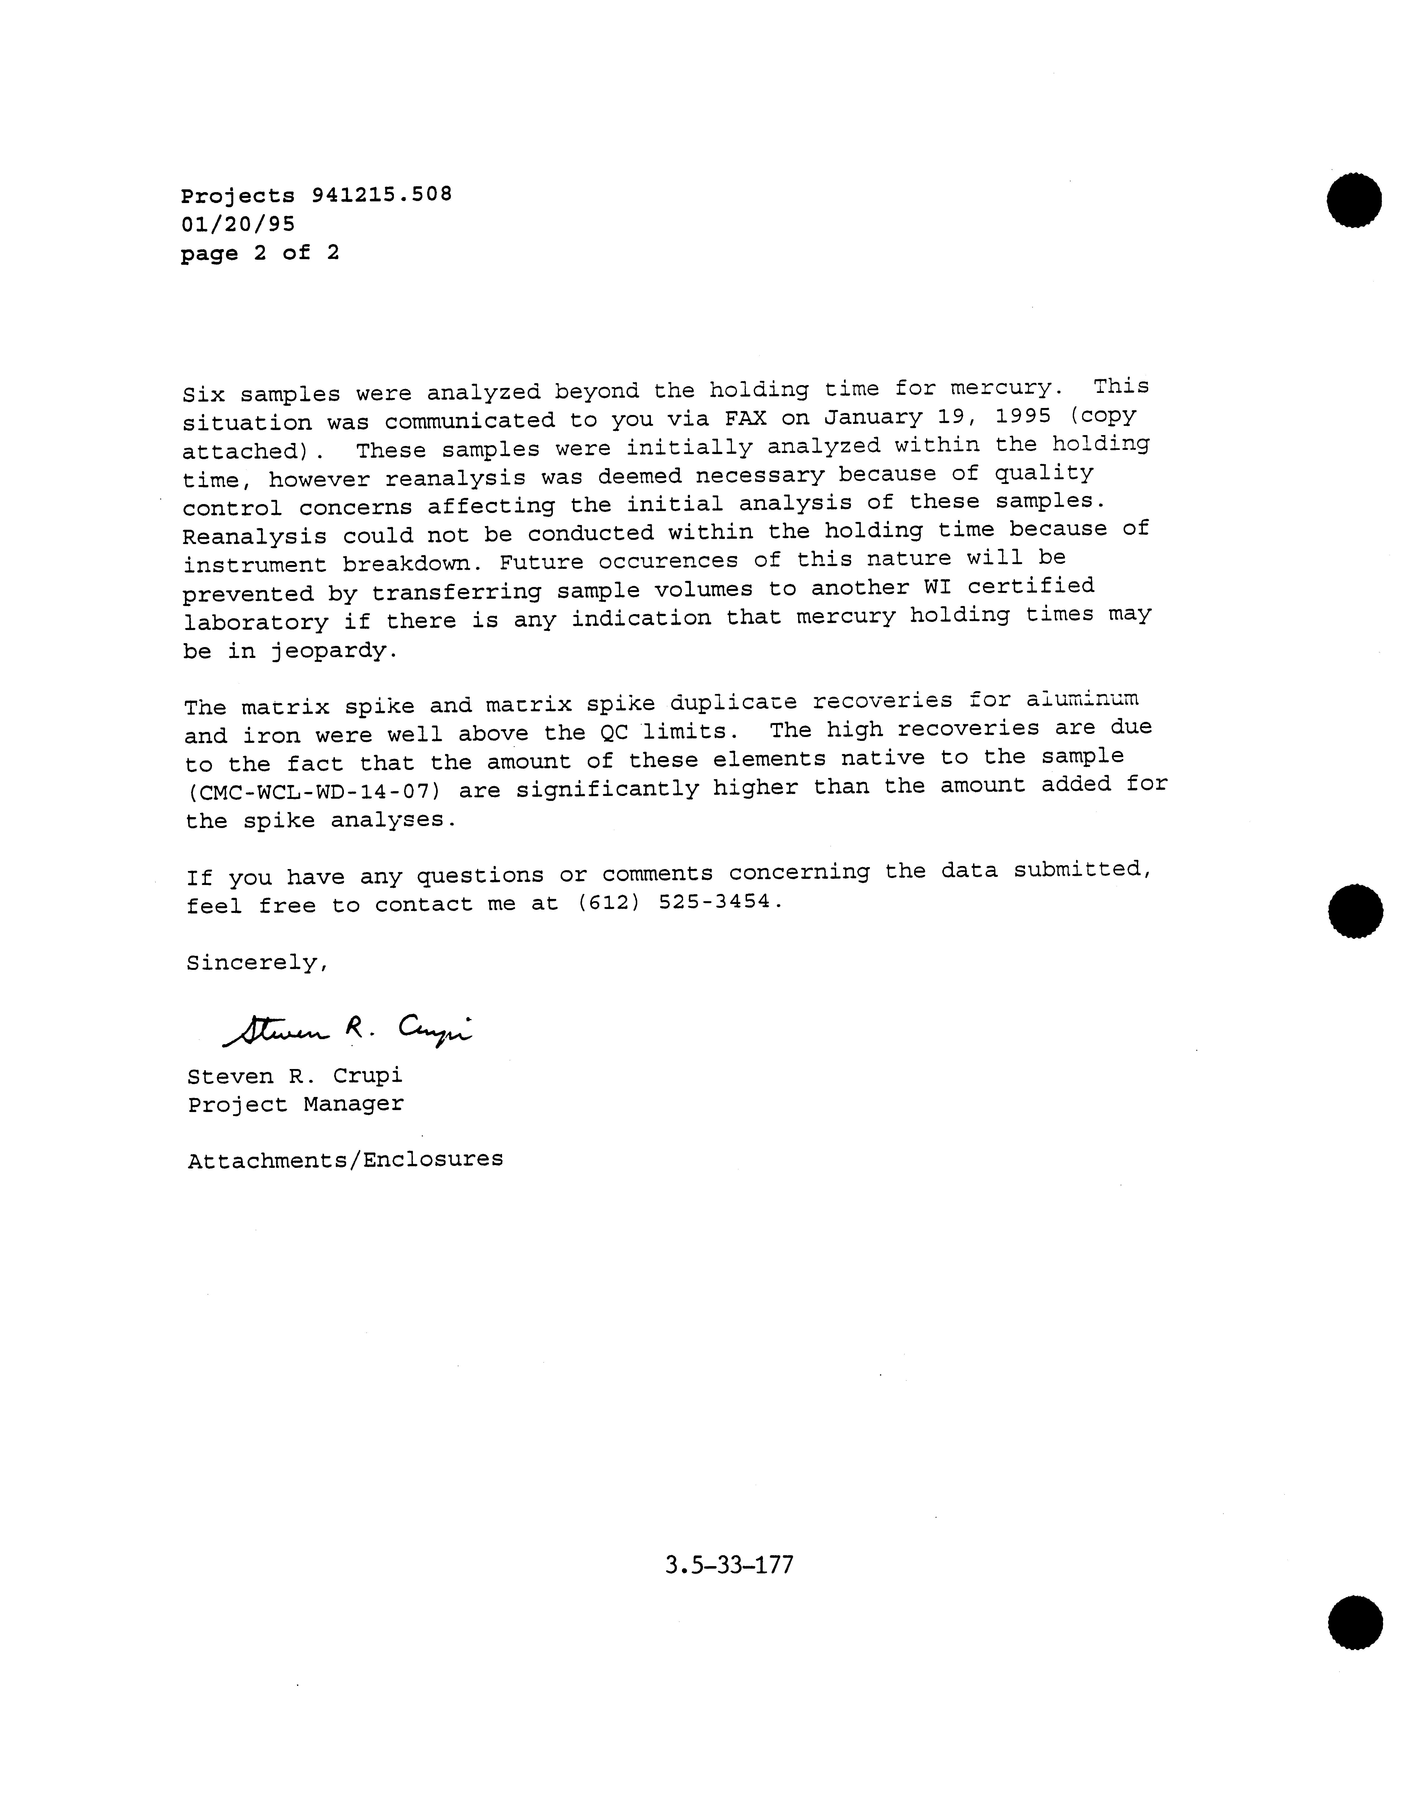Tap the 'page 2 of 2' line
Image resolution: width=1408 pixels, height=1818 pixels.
point(260,253)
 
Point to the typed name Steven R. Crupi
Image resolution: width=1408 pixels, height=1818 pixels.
point(295,1076)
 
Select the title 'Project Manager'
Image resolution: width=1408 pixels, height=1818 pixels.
point(296,1104)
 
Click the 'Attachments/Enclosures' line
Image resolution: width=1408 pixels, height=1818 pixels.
point(345,1159)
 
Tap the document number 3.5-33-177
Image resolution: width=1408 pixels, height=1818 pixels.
point(729,1565)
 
